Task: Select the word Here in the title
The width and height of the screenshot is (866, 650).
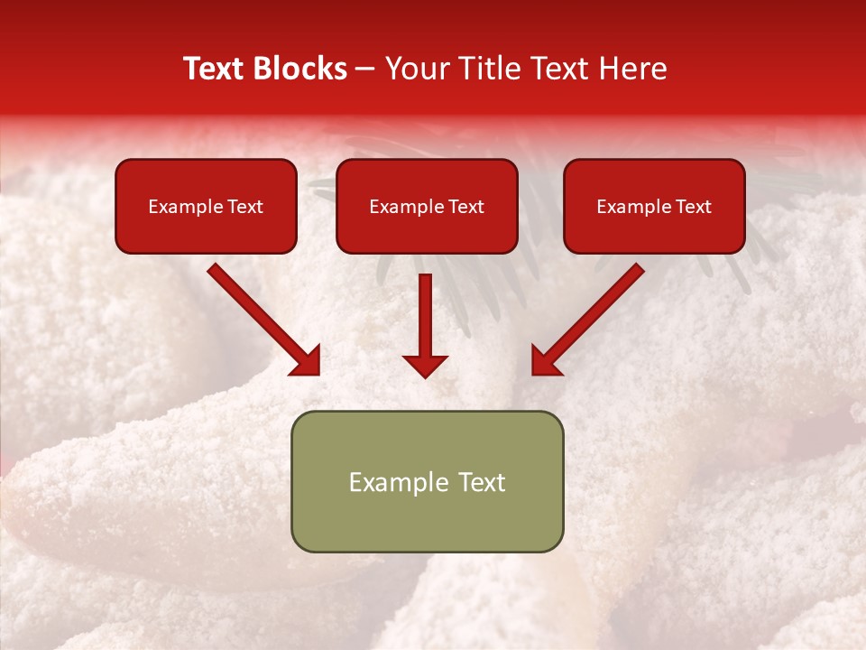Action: pyautogui.click(x=631, y=69)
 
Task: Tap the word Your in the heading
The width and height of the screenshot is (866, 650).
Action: pyautogui.click(x=413, y=69)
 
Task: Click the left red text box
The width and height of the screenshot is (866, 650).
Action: pyautogui.click(x=206, y=206)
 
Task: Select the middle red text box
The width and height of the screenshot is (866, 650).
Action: pyautogui.click(x=427, y=206)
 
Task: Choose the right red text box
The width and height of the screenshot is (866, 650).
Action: pyautogui.click(x=654, y=206)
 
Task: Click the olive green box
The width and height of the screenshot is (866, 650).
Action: pyautogui.click(x=427, y=481)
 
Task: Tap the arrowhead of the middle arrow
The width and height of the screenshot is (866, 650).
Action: pyautogui.click(x=426, y=364)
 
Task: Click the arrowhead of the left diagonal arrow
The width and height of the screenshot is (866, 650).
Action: pyautogui.click(x=307, y=361)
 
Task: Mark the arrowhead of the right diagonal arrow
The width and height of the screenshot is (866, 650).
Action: pyautogui.click(x=545, y=361)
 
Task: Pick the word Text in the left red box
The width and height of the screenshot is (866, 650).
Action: pyautogui.click(x=244, y=207)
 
